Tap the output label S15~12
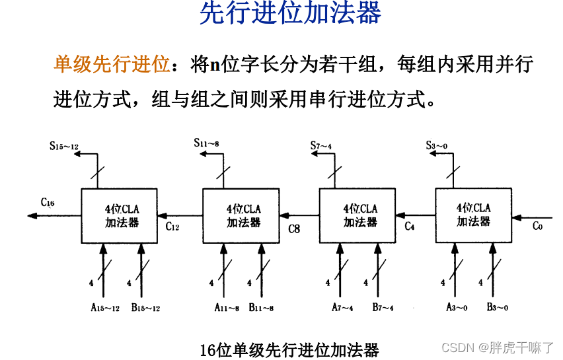pyautogui.click(x=64, y=145)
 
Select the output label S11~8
pyautogui.click(x=207, y=143)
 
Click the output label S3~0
pyautogui.click(x=437, y=145)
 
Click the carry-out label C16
pyautogui.click(x=48, y=202)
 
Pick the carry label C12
pyautogui.click(x=172, y=227)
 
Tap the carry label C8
pyautogui.click(x=294, y=229)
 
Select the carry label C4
pyautogui.click(x=410, y=227)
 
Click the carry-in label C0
pyautogui.click(x=537, y=227)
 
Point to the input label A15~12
pyautogui.click(x=104, y=308)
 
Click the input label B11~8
pyautogui.click(x=262, y=308)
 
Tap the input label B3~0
pyautogui.click(x=497, y=308)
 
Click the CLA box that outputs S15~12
pyautogui.click(x=122, y=215)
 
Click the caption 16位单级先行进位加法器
pyautogui.click(x=289, y=349)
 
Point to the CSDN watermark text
pyautogui.click(x=497, y=348)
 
